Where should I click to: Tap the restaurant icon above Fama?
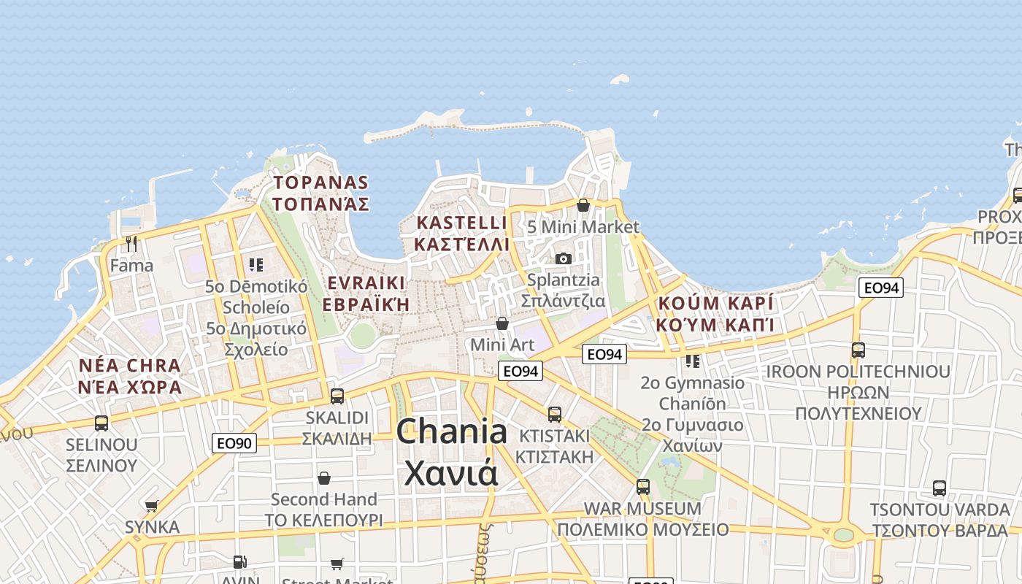pos(131,243)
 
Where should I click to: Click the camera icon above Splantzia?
pos(563,258)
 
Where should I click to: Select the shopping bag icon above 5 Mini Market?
pos(583,205)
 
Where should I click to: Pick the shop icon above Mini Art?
pos(502,323)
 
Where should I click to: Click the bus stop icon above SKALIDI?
pos(337,396)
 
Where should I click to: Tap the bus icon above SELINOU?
pos(101,423)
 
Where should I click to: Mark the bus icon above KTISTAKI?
pos(555,415)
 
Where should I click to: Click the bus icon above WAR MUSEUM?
pos(642,486)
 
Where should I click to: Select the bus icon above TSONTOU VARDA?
pos(940,488)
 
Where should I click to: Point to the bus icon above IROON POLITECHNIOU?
pos(858,350)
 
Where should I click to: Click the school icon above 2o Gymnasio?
pos(692,361)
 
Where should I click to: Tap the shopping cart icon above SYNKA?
pos(152,506)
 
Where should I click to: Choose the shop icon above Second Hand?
pos(324,478)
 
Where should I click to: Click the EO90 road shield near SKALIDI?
pos(234,442)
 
